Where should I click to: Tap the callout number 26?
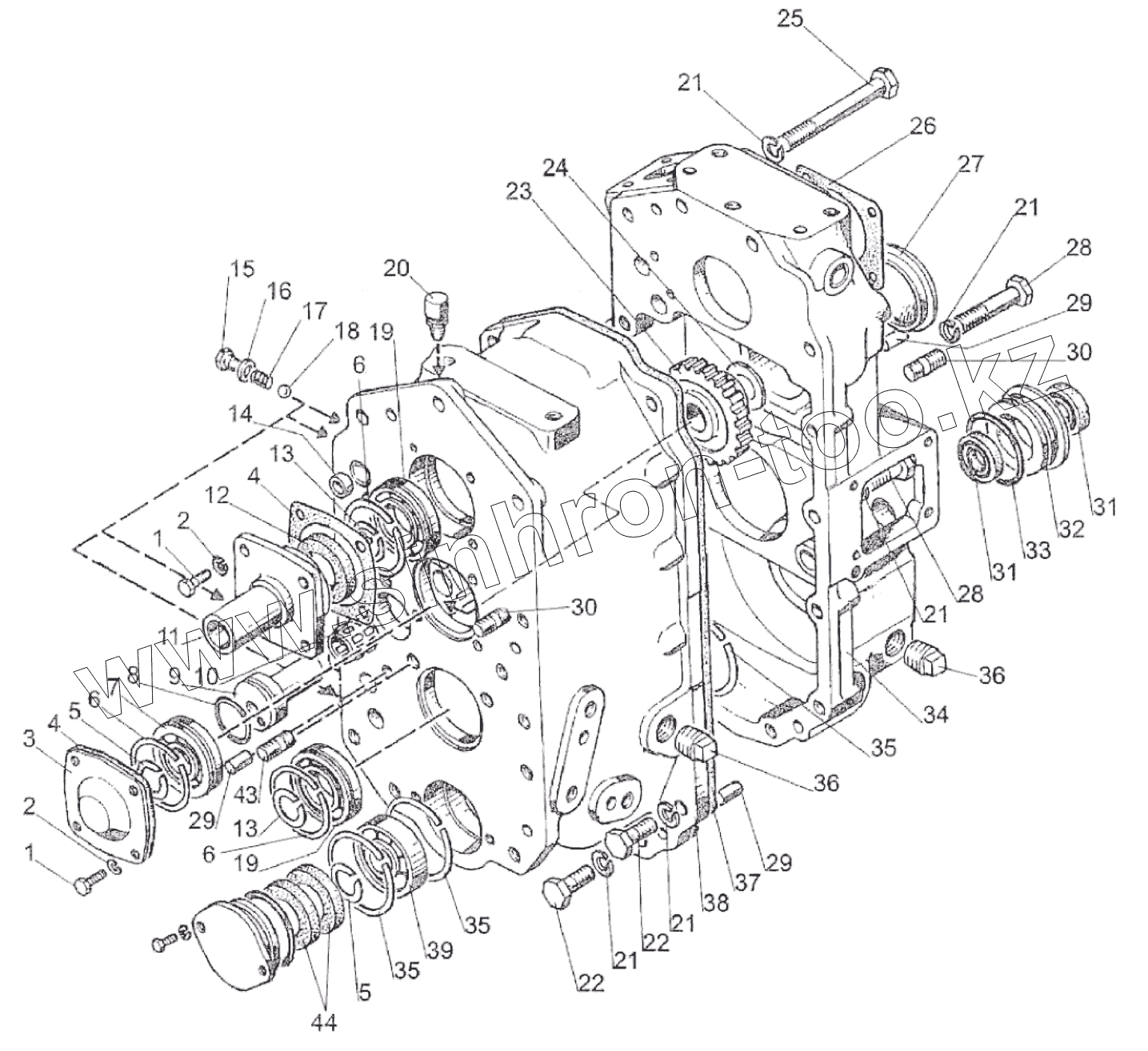click(x=922, y=126)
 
